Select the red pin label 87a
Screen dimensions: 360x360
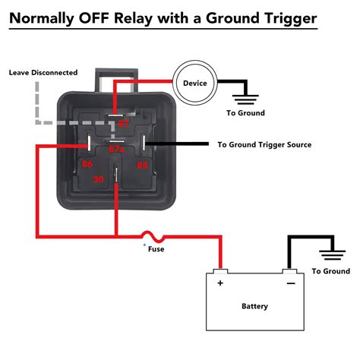point(115,150)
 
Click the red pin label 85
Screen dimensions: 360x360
point(142,163)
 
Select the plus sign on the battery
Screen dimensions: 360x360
point(221,283)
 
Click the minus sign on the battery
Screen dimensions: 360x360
point(289,283)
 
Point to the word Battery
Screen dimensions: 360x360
point(254,306)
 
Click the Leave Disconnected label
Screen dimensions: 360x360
point(43,73)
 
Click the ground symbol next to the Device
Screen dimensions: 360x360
point(245,96)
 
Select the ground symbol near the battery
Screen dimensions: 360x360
point(331,256)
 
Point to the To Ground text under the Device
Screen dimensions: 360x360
point(245,113)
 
